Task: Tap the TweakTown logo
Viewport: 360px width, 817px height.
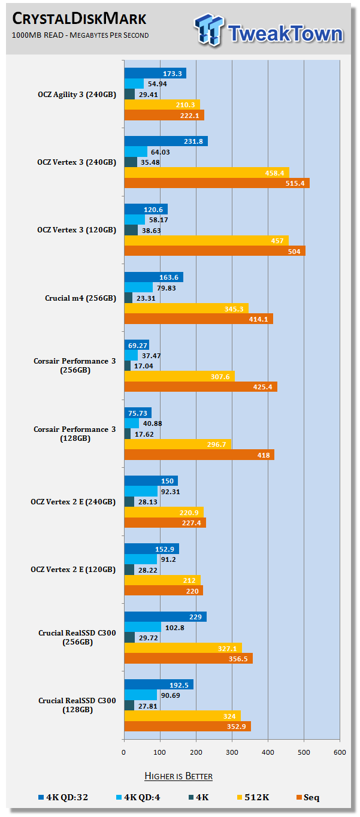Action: [x=268, y=29]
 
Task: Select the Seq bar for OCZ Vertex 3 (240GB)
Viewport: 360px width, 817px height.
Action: [x=216, y=183]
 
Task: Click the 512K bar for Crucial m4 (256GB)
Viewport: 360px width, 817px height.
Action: [x=186, y=308]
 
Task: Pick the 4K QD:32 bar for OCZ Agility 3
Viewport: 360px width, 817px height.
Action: [x=155, y=73]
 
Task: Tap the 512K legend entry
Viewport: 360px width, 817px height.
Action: [x=255, y=798]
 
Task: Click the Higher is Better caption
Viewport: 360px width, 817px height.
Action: [x=179, y=776]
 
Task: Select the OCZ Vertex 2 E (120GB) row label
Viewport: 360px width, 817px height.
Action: [x=73, y=570]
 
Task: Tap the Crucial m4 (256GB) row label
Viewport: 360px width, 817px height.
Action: [x=80, y=298]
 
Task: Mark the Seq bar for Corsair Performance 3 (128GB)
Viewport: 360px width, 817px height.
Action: [x=199, y=455]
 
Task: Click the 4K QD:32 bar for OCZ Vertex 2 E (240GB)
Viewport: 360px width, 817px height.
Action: [x=150, y=481]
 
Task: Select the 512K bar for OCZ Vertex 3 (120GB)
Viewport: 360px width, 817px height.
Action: [x=206, y=240]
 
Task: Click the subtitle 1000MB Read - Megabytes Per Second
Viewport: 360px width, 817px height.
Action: [x=81, y=35]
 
